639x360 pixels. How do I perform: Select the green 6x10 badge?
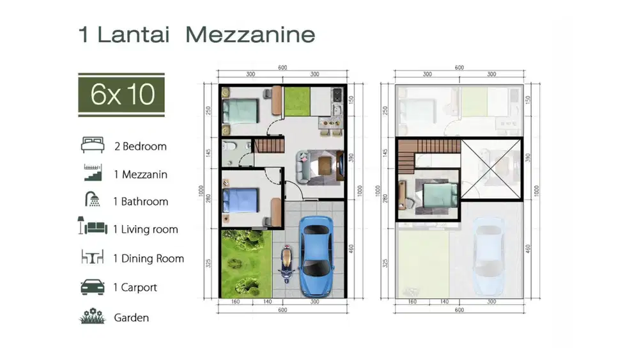[121, 95]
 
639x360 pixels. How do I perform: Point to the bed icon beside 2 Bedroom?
[93, 145]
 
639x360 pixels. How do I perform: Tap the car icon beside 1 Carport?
[93, 287]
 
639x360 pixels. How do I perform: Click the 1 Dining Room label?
[148, 258]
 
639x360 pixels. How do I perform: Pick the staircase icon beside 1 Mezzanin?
[93, 172]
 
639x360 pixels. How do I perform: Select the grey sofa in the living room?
[304, 164]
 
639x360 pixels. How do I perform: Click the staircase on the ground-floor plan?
[268, 146]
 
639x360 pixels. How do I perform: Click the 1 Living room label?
[145, 229]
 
